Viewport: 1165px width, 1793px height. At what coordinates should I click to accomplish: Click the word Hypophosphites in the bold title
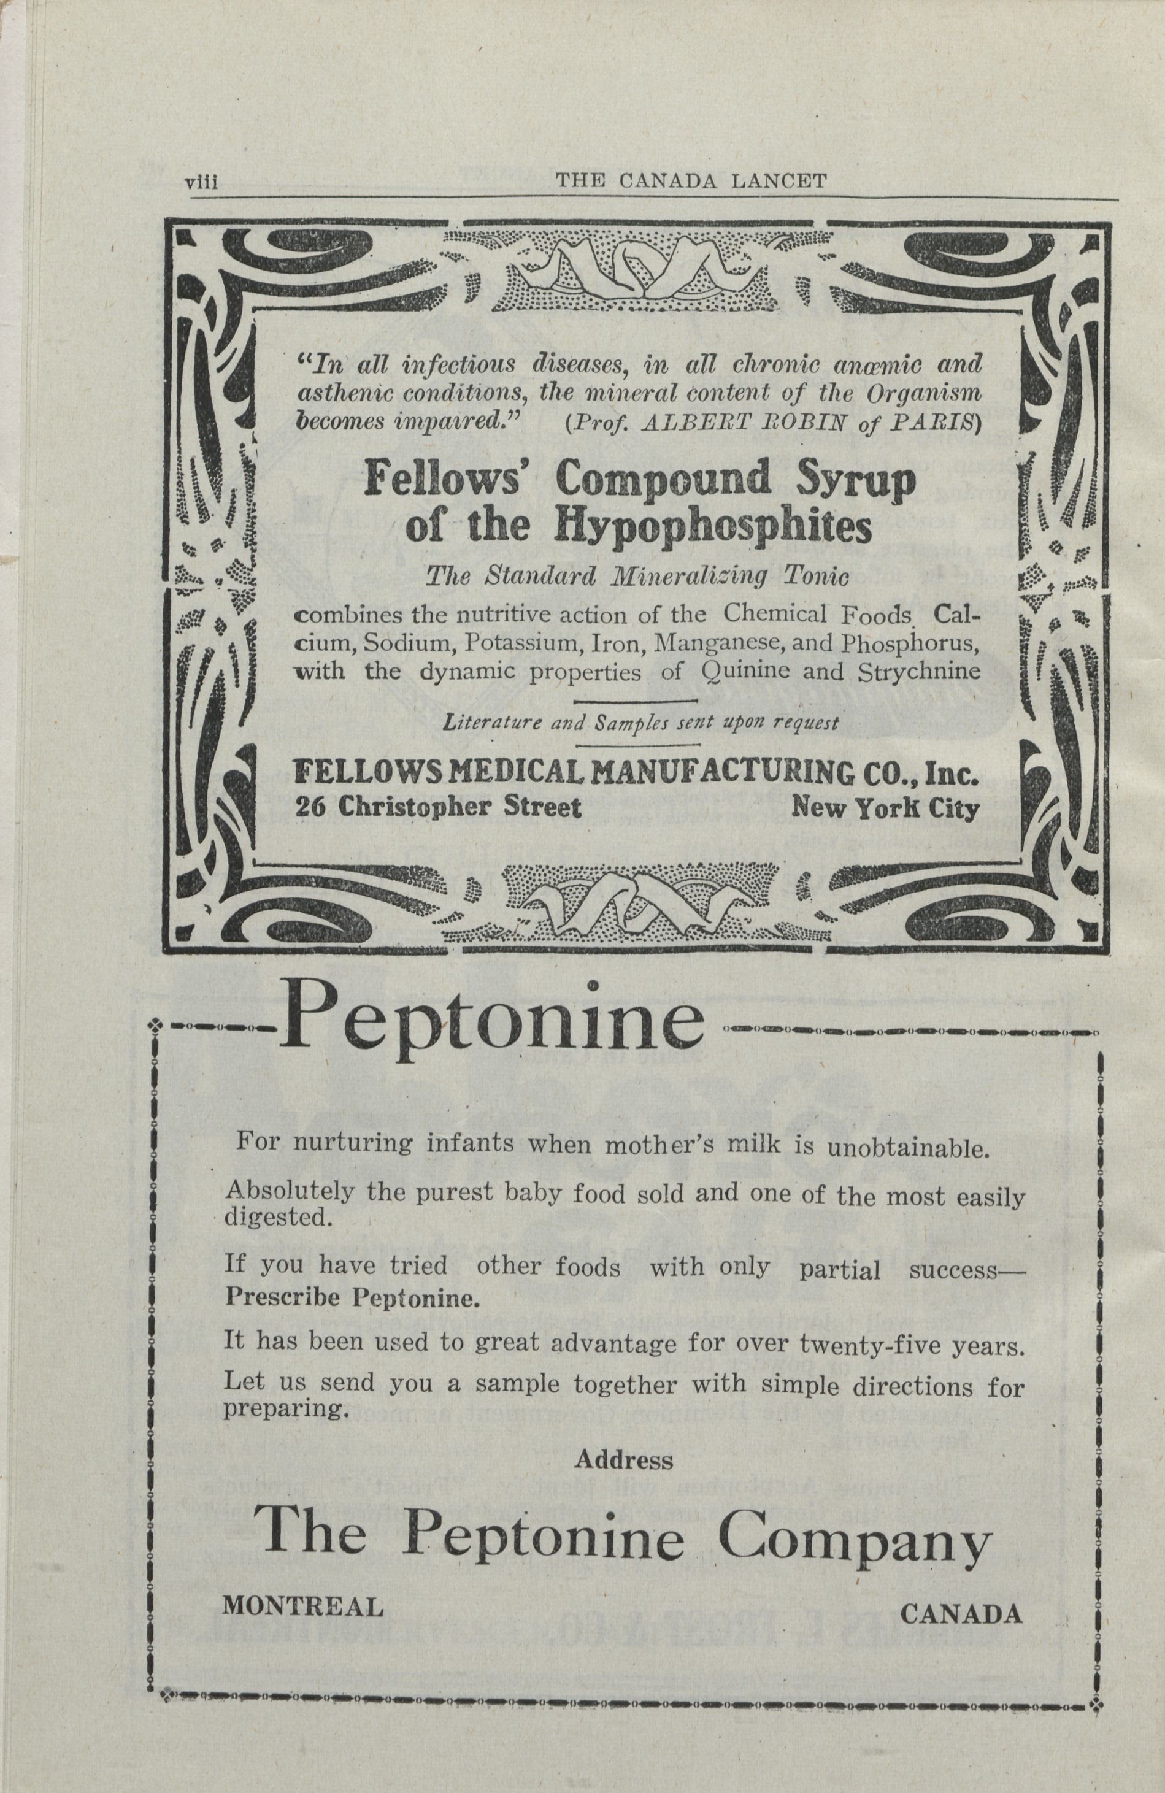[713, 529]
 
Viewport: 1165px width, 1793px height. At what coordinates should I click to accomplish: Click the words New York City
[885, 808]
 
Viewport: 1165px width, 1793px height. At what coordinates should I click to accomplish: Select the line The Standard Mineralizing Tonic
[637, 577]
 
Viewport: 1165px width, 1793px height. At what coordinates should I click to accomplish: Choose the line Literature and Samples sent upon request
[640, 724]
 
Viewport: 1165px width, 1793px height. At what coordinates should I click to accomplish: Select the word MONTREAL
[302, 1607]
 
